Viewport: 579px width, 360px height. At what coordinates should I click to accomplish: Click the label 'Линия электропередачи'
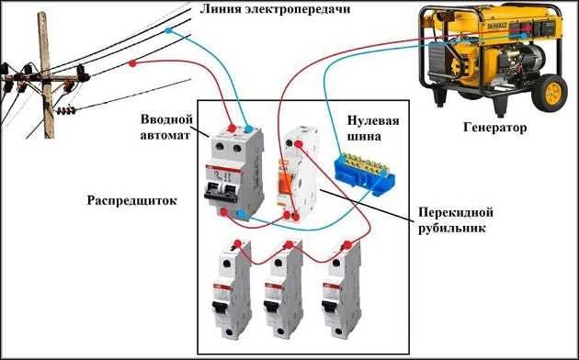click(275, 9)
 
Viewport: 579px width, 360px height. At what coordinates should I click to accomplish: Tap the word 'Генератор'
click(494, 128)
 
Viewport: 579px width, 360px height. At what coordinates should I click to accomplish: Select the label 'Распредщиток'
click(131, 200)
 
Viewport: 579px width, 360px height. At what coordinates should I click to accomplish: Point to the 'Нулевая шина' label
click(373, 129)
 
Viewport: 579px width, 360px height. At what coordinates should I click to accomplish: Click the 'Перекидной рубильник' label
click(456, 220)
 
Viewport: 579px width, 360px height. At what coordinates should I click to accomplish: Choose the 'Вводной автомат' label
click(167, 127)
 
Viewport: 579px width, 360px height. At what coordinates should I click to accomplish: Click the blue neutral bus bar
click(364, 173)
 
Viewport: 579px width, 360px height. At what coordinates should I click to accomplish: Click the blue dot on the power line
click(168, 31)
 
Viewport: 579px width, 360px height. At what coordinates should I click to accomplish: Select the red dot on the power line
click(133, 63)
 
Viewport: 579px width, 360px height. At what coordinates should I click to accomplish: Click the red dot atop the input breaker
click(232, 129)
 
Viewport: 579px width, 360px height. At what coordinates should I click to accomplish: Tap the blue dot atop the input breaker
click(248, 129)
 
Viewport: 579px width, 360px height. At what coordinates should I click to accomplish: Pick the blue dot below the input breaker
click(241, 214)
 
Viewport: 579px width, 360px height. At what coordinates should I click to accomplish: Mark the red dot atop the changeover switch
click(298, 143)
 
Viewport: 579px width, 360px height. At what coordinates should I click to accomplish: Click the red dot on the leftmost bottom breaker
click(238, 243)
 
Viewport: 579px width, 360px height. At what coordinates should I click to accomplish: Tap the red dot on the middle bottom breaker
click(289, 244)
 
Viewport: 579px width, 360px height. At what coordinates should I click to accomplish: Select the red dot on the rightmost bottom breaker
click(347, 244)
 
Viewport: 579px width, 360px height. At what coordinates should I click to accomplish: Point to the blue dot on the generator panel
click(525, 36)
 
